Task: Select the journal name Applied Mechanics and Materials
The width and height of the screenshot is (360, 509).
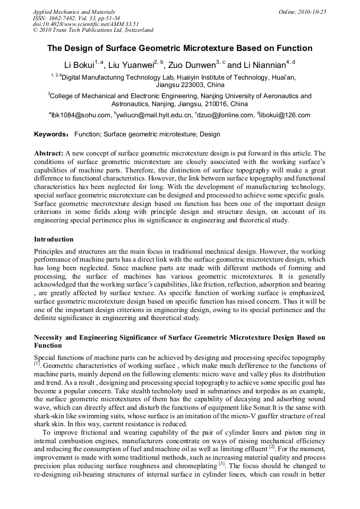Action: pos(73,12)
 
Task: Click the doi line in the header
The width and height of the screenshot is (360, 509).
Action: pos(78,24)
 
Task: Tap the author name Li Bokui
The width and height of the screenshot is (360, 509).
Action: pos(79,65)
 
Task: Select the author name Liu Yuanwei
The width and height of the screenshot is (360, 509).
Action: pos(130,65)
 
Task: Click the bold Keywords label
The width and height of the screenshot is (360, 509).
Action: pos(52,135)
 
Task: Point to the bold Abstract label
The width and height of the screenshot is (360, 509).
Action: pos(48,153)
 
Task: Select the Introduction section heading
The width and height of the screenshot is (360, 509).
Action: pos(54,239)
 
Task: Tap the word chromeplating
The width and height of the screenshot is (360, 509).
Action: pos(199,466)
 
